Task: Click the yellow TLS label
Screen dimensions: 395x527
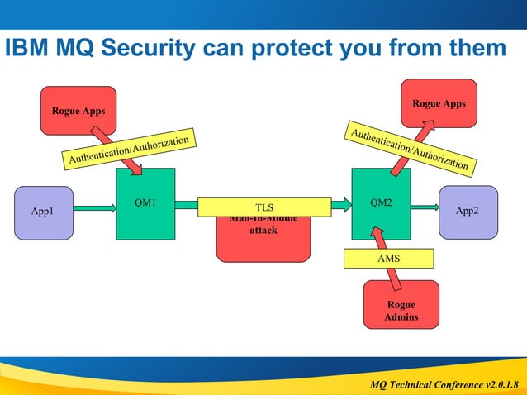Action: tap(263, 207)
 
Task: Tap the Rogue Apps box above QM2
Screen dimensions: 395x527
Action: tap(439, 103)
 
